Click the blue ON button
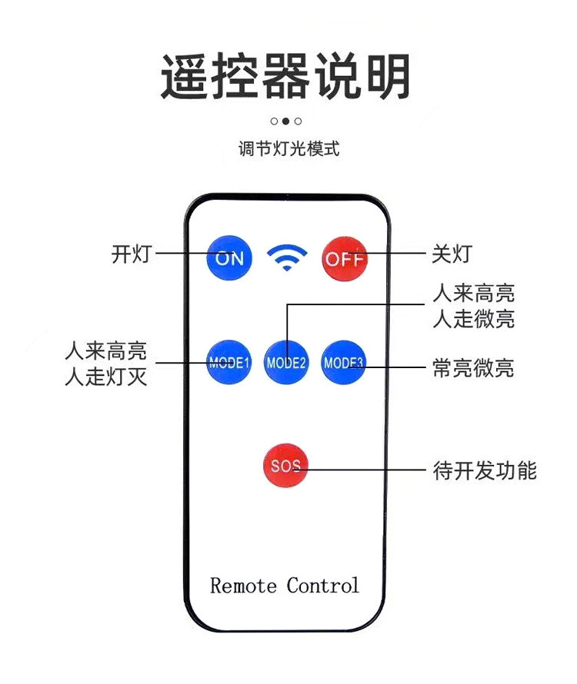229,257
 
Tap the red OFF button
343,257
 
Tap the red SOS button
285,466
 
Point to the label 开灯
131,254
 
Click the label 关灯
451,254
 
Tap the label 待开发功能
485,470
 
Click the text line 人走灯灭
105,379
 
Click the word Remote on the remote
243,586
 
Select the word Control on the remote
323,586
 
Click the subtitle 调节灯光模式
288,149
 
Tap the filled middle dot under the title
285,121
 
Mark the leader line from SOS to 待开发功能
369,469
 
